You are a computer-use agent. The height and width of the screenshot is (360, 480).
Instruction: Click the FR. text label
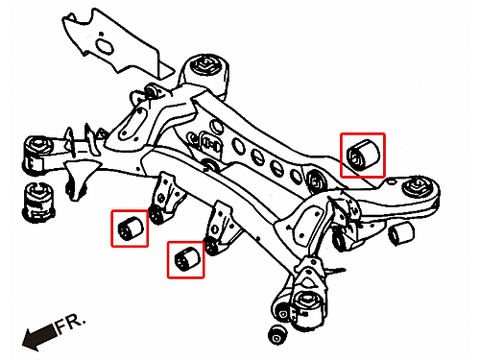pos(70,323)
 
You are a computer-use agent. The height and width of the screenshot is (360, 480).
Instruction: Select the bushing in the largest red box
pos(364,154)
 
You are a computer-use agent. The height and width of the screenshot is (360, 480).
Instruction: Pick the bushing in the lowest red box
pos(187,259)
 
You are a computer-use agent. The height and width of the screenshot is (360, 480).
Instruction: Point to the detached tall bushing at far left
pos(39,202)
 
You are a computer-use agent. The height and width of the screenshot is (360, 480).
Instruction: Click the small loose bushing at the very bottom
pos(278,335)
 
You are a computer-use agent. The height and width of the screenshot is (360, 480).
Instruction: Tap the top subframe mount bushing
pos(205,65)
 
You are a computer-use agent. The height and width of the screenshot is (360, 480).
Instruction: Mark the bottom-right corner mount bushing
pos(309,309)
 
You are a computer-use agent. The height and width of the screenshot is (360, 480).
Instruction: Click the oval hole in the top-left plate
pos(105,47)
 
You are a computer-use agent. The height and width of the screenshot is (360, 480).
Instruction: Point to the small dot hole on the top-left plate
pos(101,34)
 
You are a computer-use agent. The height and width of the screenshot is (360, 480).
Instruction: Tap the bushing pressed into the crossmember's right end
pos(317,181)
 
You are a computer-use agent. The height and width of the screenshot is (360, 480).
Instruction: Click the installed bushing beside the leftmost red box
pos(156,215)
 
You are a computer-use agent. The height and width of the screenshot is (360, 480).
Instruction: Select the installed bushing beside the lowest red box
pos(211,246)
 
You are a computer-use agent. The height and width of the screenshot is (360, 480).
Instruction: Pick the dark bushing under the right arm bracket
pos(340,240)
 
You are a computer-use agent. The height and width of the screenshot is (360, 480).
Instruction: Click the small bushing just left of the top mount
pos(153,91)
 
